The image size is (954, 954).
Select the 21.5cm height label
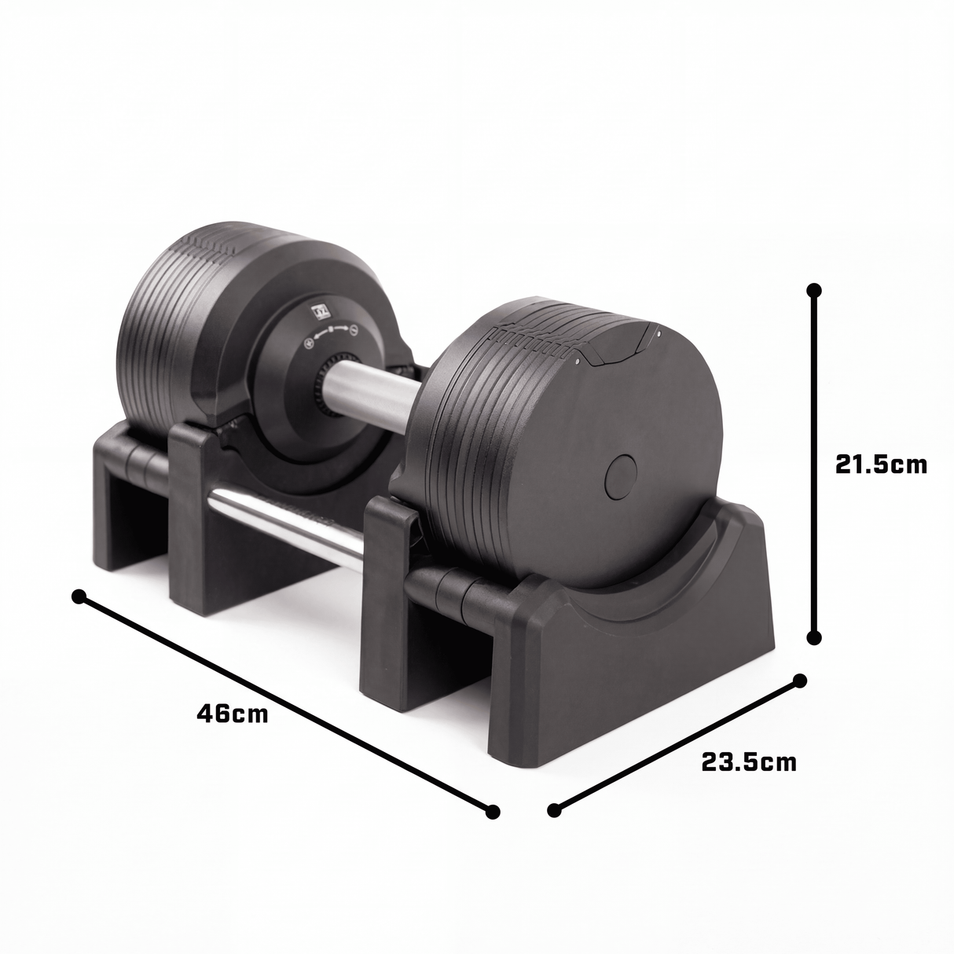881,464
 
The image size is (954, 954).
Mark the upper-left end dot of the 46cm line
79,596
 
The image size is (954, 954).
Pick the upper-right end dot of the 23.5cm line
800,681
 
